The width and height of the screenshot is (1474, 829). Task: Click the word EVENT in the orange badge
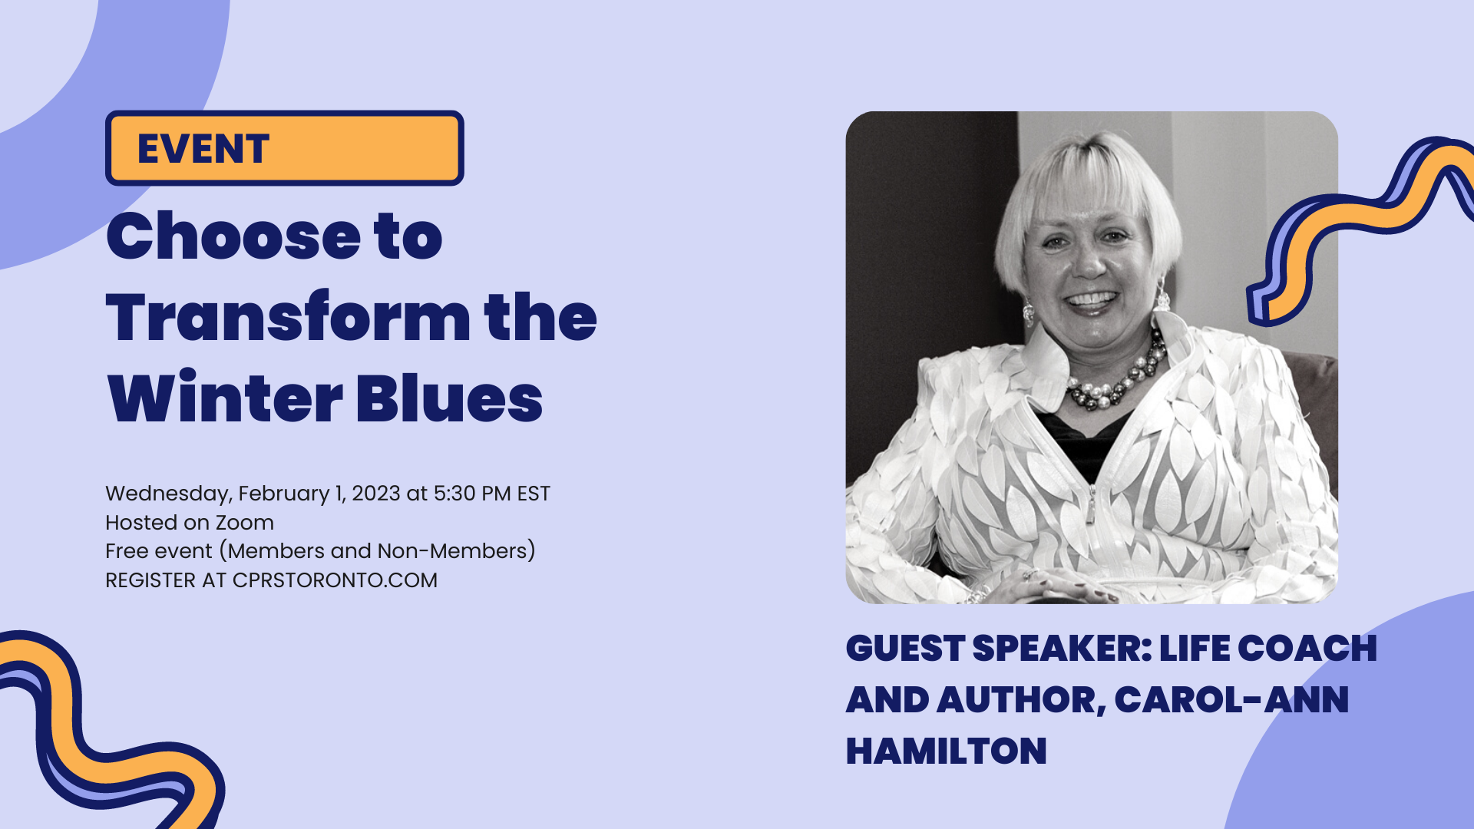[x=203, y=149]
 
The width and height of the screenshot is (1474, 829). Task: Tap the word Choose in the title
[x=233, y=236]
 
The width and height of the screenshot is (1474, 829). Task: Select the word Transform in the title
[x=289, y=317]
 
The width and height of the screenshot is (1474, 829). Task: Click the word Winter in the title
[x=225, y=398]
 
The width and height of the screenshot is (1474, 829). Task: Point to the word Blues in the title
[x=449, y=398]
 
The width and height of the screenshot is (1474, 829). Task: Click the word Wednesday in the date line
[x=169, y=494]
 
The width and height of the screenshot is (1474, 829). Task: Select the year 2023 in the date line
[x=375, y=493]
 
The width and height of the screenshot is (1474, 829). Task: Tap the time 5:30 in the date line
[x=454, y=493]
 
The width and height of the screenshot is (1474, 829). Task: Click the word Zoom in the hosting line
[x=244, y=523]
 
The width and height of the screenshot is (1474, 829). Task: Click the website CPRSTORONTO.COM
[x=335, y=580]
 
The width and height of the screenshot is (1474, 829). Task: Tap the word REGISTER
[x=150, y=580]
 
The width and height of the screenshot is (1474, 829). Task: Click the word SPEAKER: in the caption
[x=1062, y=649]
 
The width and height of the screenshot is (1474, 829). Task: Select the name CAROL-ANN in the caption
[x=1231, y=700]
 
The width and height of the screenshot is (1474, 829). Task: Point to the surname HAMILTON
[x=946, y=751]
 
